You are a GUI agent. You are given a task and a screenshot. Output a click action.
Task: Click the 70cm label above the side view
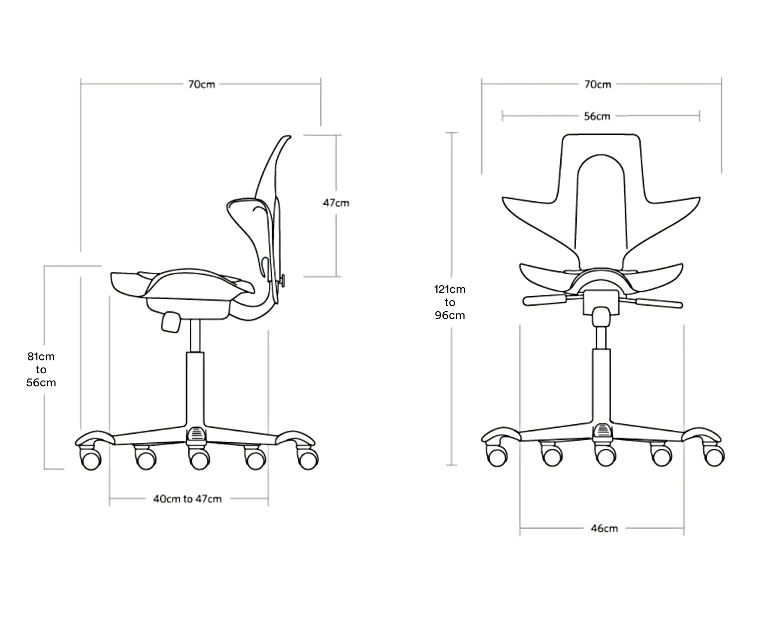pyautogui.click(x=202, y=84)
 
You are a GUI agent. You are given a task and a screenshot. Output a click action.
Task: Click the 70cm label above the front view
pyautogui.click(x=598, y=84)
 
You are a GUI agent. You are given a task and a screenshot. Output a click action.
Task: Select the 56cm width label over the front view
pyautogui.click(x=597, y=116)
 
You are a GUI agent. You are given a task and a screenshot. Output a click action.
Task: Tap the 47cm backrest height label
pyautogui.click(x=336, y=203)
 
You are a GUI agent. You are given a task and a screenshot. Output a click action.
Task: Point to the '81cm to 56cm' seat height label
pyautogui.click(x=41, y=369)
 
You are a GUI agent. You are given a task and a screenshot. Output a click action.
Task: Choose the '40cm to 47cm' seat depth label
pyautogui.click(x=187, y=499)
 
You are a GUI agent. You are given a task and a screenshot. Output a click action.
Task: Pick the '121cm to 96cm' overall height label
pyautogui.click(x=450, y=302)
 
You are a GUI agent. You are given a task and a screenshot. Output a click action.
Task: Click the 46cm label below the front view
pyautogui.click(x=604, y=528)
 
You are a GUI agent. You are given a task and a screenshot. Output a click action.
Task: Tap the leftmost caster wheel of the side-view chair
pyautogui.click(x=91, y=460)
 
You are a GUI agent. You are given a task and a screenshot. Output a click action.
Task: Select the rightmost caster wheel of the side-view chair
pyautogui.click(x=308, y=460)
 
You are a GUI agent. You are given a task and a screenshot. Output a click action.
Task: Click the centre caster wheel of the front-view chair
pyautogui.click(x=606, y=457)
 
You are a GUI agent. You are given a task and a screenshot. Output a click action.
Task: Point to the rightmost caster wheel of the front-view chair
pyautogui.click(x=714, y=456)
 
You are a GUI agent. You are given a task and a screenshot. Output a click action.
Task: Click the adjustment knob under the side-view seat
pyautogui.click(x=171, y=322)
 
